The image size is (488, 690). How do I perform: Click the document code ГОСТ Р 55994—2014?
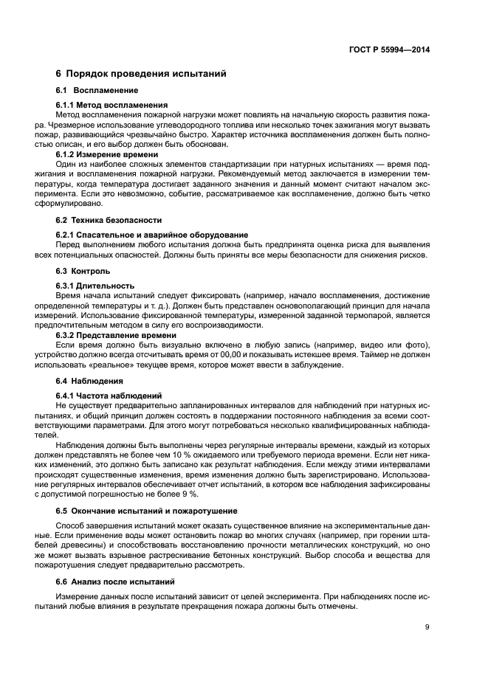(389, 50)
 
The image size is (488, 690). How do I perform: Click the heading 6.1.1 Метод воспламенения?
(111, 105)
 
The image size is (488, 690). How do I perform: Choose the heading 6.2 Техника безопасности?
(109, 221)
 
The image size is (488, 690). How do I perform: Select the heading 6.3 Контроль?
(83, 271)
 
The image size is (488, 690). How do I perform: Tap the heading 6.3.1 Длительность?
(95, 286)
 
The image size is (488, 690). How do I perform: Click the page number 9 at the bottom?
(427, 627)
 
